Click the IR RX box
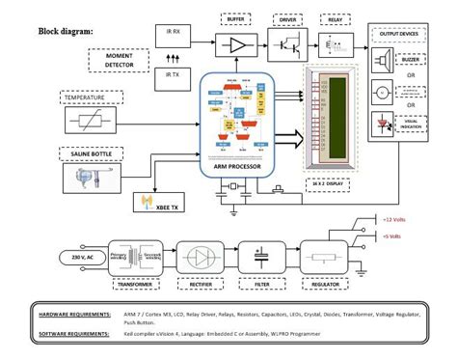(175, 32)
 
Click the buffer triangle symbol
(236, 45)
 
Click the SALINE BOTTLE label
(90, 152)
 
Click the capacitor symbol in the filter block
(261, 258)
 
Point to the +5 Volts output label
(393, 235)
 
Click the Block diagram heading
(66, 30)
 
